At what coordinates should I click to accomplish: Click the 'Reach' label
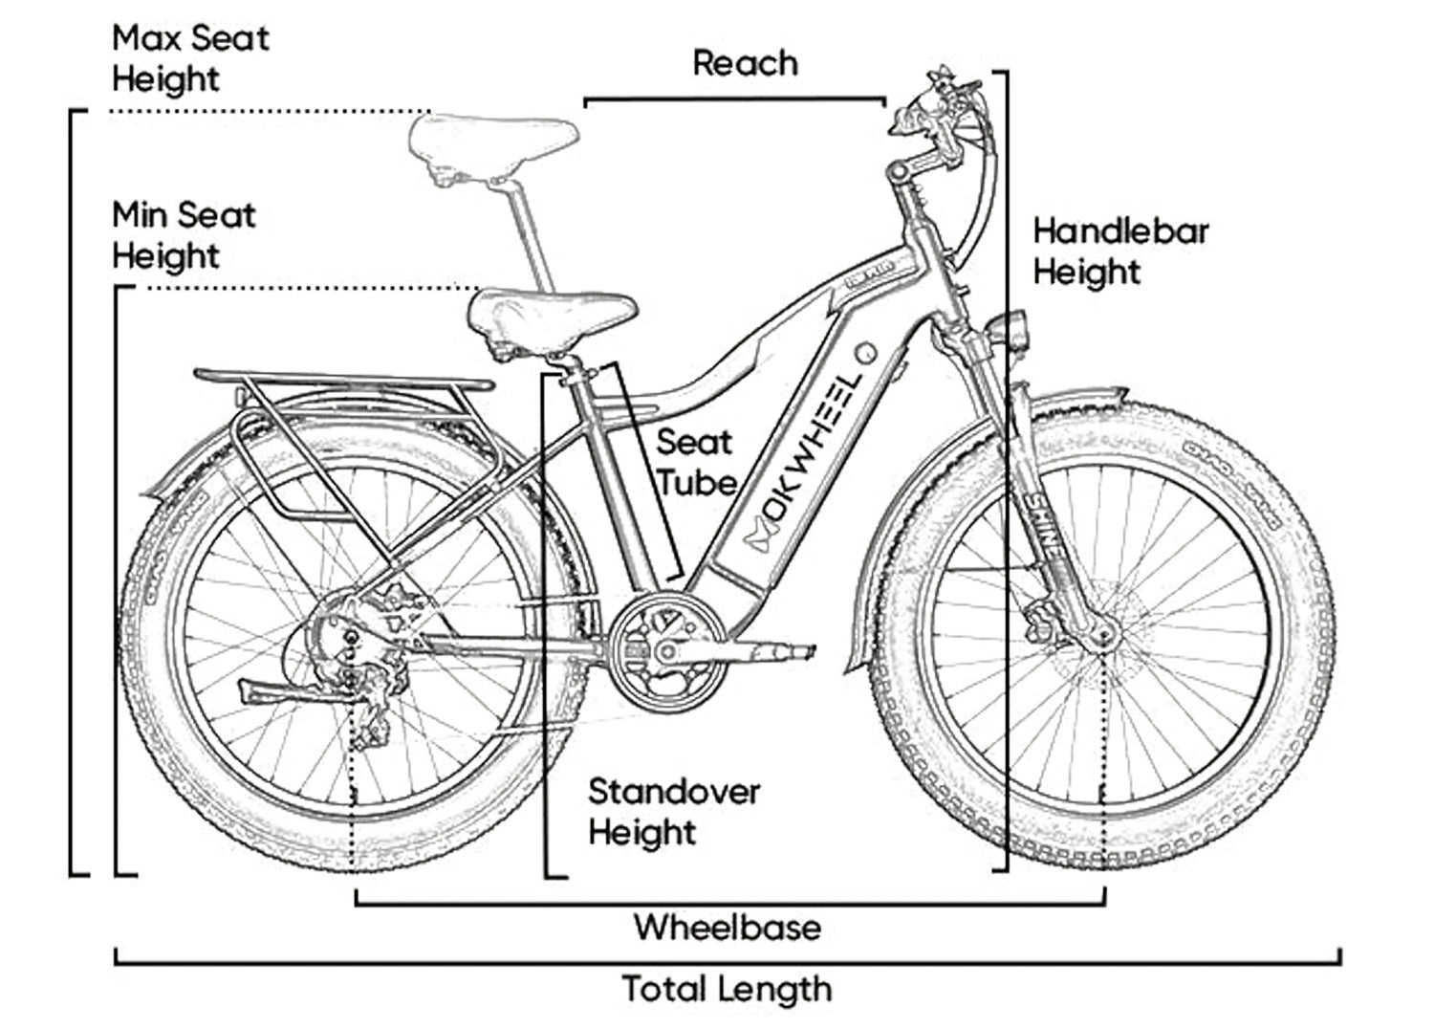745,63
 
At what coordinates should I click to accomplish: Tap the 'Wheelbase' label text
727,927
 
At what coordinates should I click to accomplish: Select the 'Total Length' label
727,989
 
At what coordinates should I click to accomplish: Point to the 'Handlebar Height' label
1120,252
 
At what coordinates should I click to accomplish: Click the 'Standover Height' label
673,812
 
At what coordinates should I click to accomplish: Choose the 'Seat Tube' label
695,462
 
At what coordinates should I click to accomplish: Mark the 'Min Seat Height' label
184,235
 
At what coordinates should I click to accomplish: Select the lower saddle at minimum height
552,313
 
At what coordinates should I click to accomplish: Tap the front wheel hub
1105,632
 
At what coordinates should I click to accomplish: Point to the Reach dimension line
734,98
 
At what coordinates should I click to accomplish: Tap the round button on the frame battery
866,353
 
